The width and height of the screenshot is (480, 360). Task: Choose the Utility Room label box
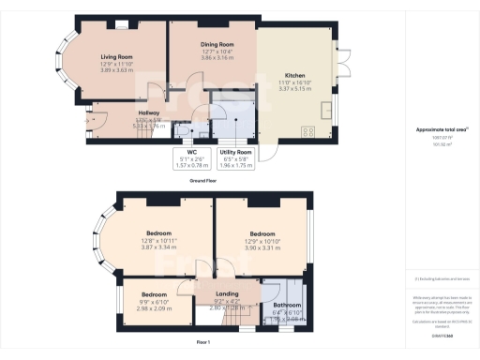[235, 151]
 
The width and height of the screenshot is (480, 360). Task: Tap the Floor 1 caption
[203, 343]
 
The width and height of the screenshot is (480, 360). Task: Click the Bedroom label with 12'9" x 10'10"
[262, 232]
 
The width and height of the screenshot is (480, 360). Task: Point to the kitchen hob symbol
[307, 130]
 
